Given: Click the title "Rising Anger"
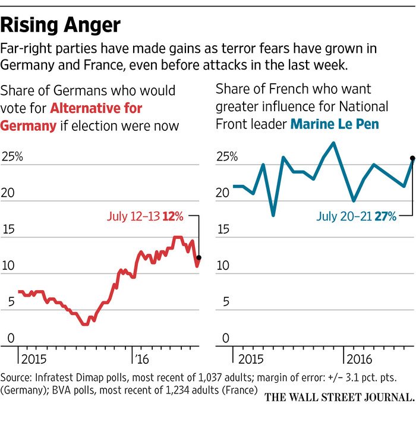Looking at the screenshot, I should (x=61, y=26).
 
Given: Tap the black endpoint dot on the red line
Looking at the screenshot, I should (x=198, y=257).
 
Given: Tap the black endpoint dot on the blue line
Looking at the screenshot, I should (x=412, y=158).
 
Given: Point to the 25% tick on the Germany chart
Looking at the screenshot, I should (x=12, y=157).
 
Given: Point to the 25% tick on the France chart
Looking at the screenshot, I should (x=226, y=157).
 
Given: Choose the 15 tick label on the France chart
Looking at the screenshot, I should (x=222, y=229).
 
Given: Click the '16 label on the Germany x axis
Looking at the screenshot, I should (x=141, y=359).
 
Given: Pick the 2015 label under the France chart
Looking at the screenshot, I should (x=250, y=359).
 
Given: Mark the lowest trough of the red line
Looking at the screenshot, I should (x=85, y=325).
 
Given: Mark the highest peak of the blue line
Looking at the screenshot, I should (x=334, y=143).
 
